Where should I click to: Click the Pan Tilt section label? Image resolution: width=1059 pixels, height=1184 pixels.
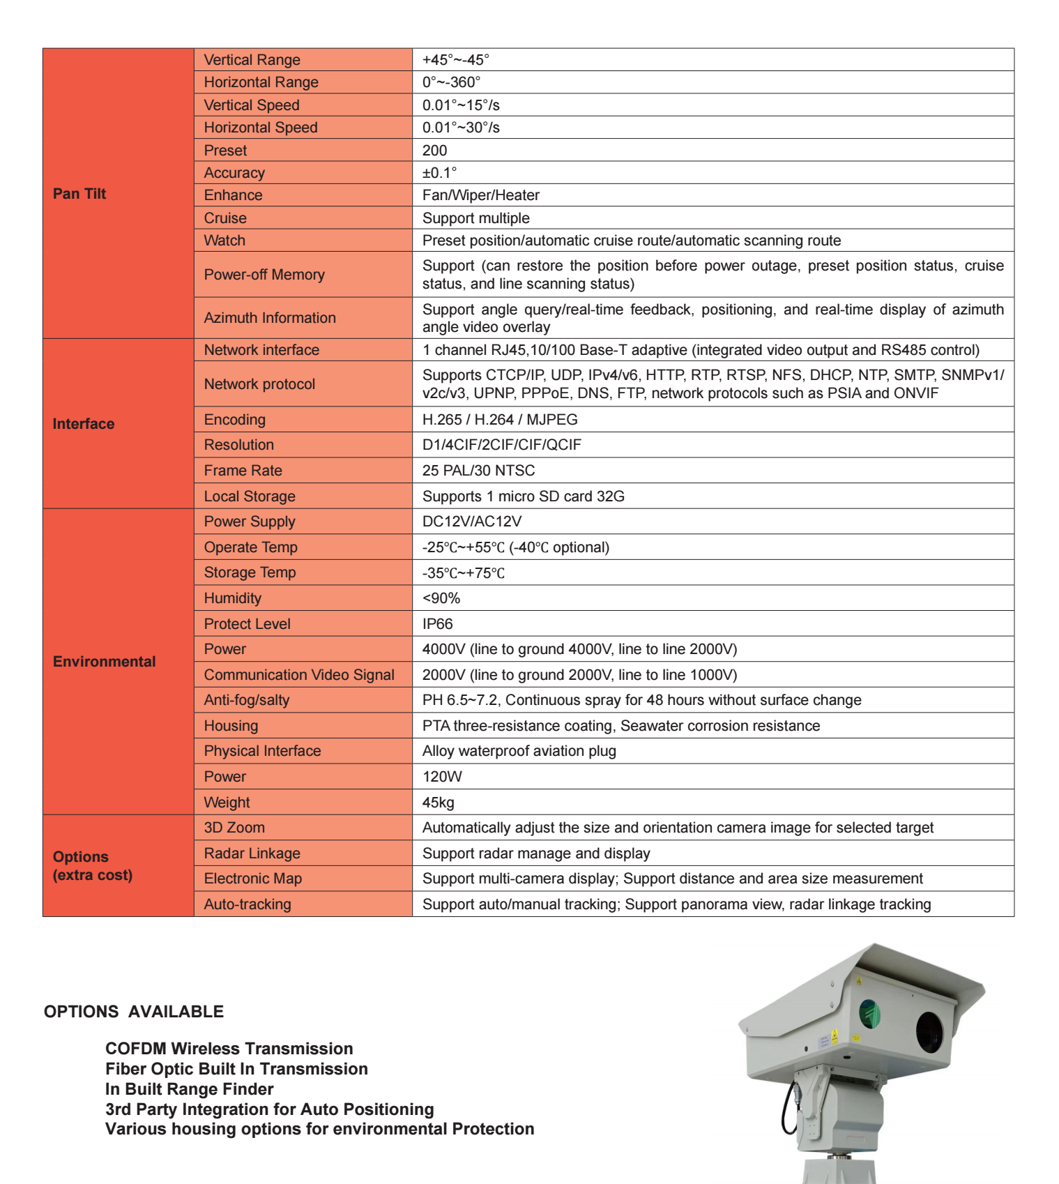(x=79, y=194)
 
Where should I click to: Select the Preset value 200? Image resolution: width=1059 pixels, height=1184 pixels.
(x=434, y=151)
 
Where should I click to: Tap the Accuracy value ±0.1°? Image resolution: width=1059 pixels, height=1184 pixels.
(x=439, y=173)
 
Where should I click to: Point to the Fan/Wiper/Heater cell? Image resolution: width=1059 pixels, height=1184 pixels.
(x=480, y=195)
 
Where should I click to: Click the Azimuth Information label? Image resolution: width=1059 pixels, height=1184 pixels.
(x=270, y=318)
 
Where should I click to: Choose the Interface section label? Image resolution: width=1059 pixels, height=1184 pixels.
(x=84, y=424)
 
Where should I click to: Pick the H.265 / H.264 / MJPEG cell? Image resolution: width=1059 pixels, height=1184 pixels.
(x=499, y=420)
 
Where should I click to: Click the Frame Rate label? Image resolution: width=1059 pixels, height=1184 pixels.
(x=243, y=471)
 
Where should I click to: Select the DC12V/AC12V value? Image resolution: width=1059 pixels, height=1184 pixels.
(x=471, y=522)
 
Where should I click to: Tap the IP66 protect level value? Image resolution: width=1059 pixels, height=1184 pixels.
(x=437, y=624)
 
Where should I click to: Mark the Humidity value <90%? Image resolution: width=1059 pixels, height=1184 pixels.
(x=441, y=598)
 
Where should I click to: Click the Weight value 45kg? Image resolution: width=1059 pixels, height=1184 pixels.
(x=438, y=803)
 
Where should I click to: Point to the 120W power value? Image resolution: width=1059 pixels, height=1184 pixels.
(x=442, y=777)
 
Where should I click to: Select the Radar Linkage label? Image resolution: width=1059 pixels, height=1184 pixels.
(x=252, y=853)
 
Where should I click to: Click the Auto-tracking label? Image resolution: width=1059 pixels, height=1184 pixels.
(x=247, y=904)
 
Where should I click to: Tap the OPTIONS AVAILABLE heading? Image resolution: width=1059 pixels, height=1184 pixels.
(x=134, y=1012)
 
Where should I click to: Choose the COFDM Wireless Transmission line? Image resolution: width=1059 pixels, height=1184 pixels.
(x=229, y=1049)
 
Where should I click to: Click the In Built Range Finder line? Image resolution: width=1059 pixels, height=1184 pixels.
(x=189, y=1089)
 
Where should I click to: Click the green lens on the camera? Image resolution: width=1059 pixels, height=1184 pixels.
(x=869, y=1015)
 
